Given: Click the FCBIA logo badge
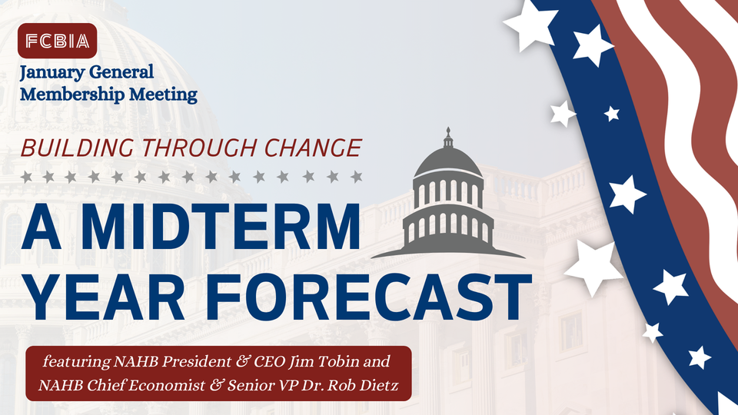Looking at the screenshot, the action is click(x=57, y=41).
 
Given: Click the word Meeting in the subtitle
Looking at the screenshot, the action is click(x=163, y=95).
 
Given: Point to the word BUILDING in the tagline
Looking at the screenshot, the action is click(x=77, y=148).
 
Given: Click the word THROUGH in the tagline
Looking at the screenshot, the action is click(x=199, y=148).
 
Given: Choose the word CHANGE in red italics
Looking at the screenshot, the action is click(x=313, y=148).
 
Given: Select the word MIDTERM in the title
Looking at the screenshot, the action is click(x=221, y=226).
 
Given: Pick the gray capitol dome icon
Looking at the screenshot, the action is click(x=448, y=193).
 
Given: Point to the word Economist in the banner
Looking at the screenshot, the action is click(x=167, y=385).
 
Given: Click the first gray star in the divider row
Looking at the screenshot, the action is click(x=26, y=177).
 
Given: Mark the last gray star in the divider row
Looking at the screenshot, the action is click(x=357, y=177).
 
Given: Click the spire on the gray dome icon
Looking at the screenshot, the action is click(x=448, y=137).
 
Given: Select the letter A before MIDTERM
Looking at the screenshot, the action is click(x=42, y=226).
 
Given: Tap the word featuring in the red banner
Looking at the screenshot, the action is click(x=77, y=362).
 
